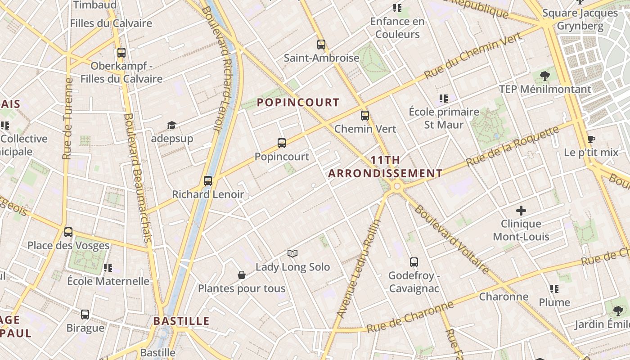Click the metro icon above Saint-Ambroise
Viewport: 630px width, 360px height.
(x=321, y=45)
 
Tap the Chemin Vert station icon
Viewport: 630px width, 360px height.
(x=365, y=116)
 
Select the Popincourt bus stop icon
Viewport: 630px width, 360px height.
(x=282, y=143)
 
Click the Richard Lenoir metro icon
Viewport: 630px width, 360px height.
(x=207, y=181)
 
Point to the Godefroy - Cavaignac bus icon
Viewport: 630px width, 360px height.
(x=414, y=262)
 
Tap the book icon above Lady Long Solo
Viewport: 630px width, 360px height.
(x=292, y=253)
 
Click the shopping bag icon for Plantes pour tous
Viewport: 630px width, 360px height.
(x=242, y=275)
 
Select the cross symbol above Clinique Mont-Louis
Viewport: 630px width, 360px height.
(x=521, y=210)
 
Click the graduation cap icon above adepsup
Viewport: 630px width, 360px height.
(x=171, y=125)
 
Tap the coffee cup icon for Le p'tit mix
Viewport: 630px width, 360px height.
(x=591, y=139)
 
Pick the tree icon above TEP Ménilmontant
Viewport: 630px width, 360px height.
(x=544, y=76)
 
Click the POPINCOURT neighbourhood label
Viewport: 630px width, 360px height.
(x=298, y=102)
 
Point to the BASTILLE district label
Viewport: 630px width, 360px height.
(x=181, y=321)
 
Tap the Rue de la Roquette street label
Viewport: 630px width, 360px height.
(x=513, y=147)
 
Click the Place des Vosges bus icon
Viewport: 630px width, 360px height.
(x=68, y=232)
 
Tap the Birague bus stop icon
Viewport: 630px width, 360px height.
(x=85, y=314)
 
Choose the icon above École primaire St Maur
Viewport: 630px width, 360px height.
(x=444, y=98)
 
